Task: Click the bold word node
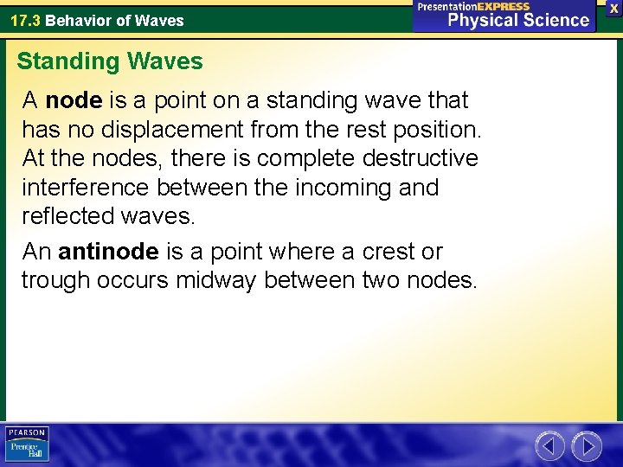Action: [74, 100]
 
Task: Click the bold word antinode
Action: [108, 252]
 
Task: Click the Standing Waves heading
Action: [110, 61]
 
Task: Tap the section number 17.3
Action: [25, 20]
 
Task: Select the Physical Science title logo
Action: [504, 15]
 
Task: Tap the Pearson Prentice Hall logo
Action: [27, 445]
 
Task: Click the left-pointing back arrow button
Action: [549, 446]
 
